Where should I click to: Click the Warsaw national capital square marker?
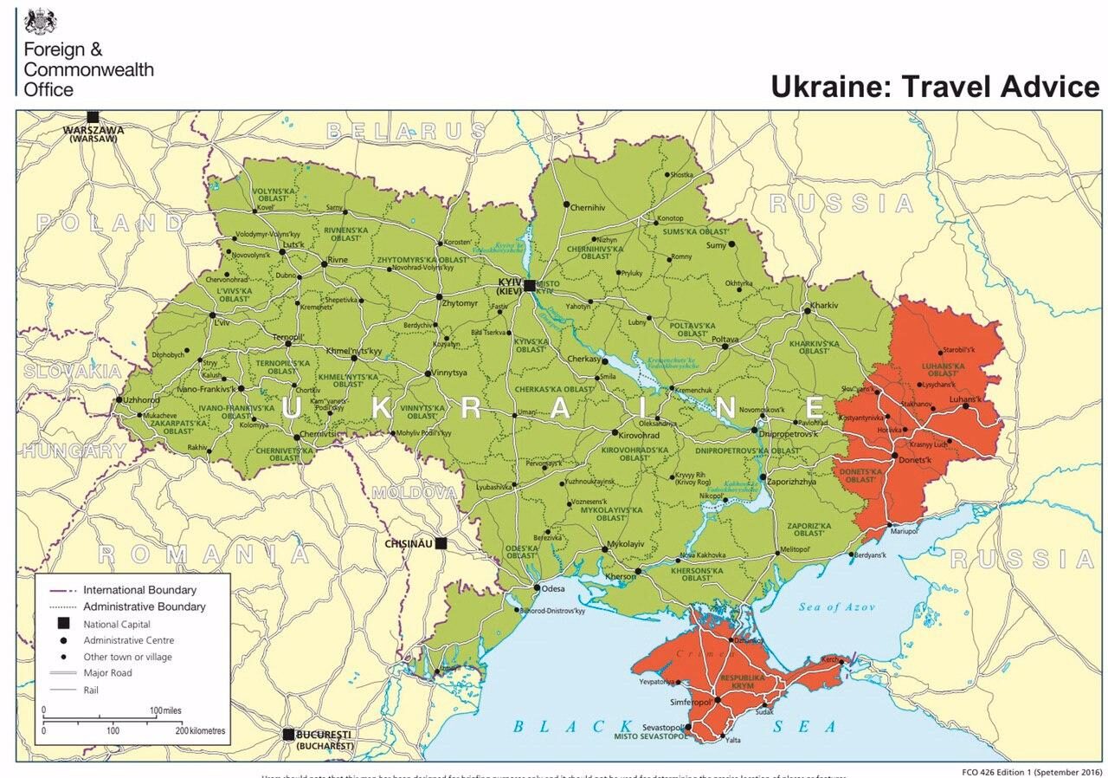(93, 117)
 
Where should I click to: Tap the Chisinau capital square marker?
(441, 543)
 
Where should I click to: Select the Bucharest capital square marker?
(289, 734)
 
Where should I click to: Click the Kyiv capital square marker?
(530, 284)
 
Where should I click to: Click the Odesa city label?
(553, 589)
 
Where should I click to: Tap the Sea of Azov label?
(837, 606)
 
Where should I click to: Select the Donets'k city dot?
(893, 455)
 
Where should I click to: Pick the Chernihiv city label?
(588, 208)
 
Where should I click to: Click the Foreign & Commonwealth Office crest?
(40, 21)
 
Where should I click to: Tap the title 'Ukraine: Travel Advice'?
(935, 88)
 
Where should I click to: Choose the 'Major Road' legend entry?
(108, 673)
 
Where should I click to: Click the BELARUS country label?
(406, 131)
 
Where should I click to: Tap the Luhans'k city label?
(967, 399)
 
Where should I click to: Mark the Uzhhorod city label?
(140, 399)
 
